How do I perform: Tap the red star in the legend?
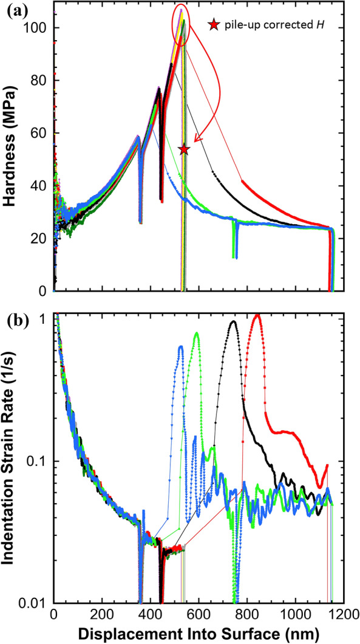pyautogui.click(x=213, y=25)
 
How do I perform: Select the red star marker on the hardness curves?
pyautogui.click(x=185, y=149)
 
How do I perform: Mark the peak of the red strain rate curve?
pyautogui.click(x=257, y=315)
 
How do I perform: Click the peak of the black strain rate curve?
pyautogui.click(x=233, y=322)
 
